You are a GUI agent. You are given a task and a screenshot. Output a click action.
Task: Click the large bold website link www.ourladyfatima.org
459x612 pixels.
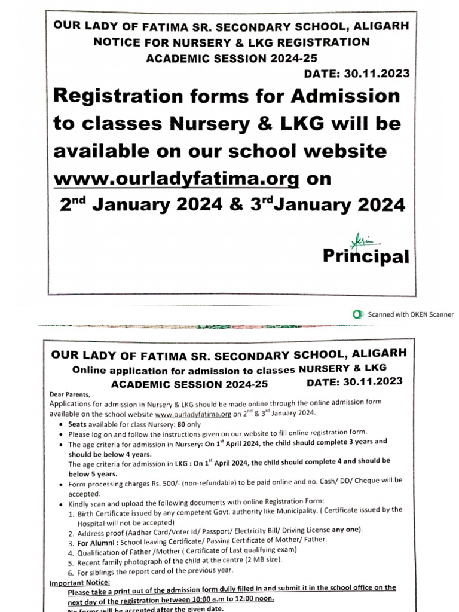coord(176,178)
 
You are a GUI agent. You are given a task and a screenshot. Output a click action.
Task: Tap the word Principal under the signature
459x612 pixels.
coord(366,256)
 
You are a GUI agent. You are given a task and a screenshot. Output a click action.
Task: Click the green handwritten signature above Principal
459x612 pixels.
coord(361,238)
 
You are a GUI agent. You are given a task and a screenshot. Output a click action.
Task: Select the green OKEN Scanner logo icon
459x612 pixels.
coord(357,314)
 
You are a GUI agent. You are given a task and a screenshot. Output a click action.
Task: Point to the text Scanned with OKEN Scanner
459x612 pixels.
coord(410,314)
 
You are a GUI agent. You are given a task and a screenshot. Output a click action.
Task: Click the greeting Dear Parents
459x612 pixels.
coord(71,394)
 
